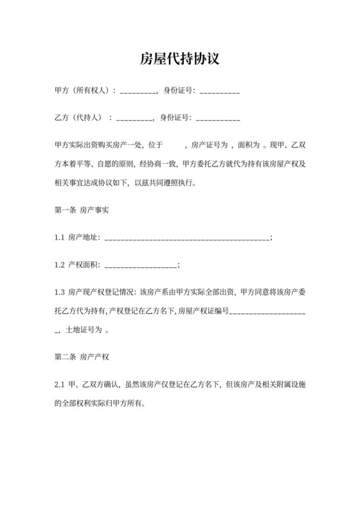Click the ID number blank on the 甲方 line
(x=220, y=92)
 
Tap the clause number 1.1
(x=59, y=237)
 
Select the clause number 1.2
(x=59, y=264)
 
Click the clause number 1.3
(x=59, y=292)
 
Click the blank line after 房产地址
(x=186, y=238)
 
